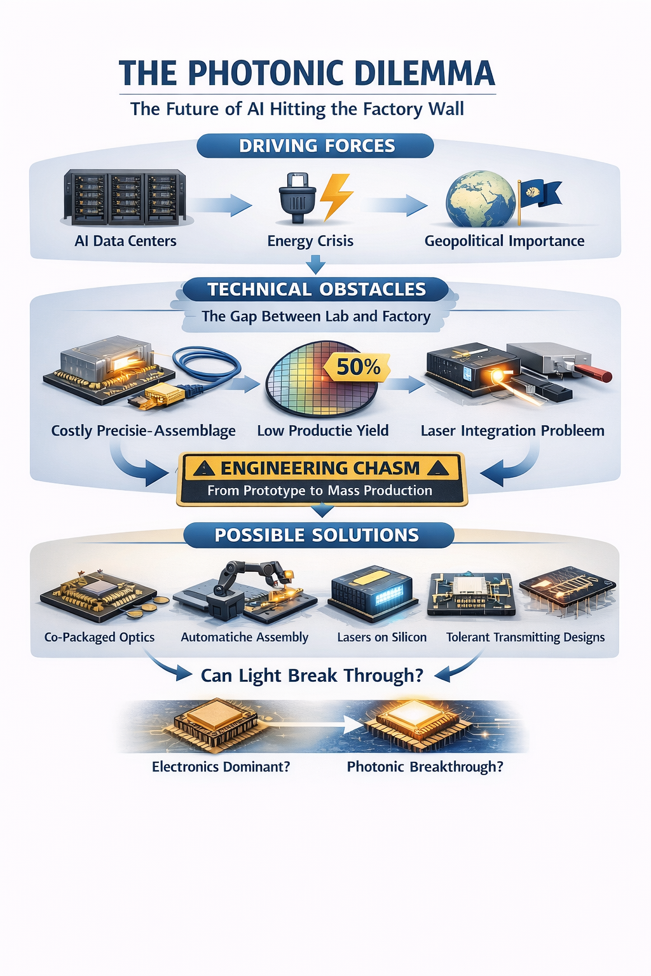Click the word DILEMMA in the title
(x=424, y=73)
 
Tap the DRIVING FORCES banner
(x=316, y=146)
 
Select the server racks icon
(x=125, y=197)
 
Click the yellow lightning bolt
(x=335, y=196)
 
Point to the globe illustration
(x=480, y=199)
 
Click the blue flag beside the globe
(x=539, y=194)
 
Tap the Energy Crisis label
(x=310, y=241)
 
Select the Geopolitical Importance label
(x=504, y=241)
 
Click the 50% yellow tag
(x=358, y=367)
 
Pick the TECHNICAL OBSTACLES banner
(x=316, y=289)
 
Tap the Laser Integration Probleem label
(x=512, y=431)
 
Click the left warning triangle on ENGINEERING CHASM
(x=203, y=469)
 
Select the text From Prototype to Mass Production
(x=320, y=491)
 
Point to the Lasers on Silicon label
(x=381, y=637)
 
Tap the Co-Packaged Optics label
(x=99, y=637)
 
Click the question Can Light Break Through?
(x=312, y=675)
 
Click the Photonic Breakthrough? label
(x=425, y=767)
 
